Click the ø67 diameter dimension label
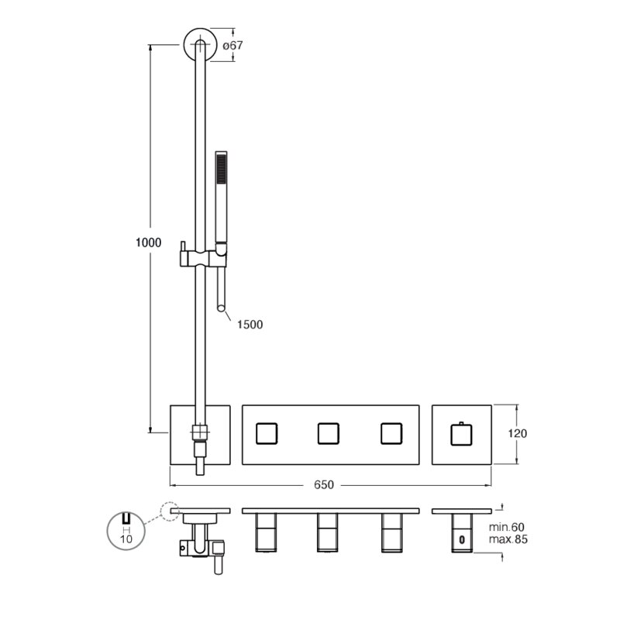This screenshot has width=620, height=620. (232, 46)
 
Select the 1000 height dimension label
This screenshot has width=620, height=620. (148, 243)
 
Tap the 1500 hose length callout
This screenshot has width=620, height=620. (250, 325)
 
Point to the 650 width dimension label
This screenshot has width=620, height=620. (324, 485)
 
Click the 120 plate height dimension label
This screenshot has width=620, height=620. (517, 434)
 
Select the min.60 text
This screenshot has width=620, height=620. (507, 527)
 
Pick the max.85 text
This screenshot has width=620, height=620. (508, 539)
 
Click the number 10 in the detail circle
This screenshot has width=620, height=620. (126, 539)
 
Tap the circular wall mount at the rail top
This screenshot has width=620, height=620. (200, 45)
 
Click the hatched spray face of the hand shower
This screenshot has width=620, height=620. (222, 168)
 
